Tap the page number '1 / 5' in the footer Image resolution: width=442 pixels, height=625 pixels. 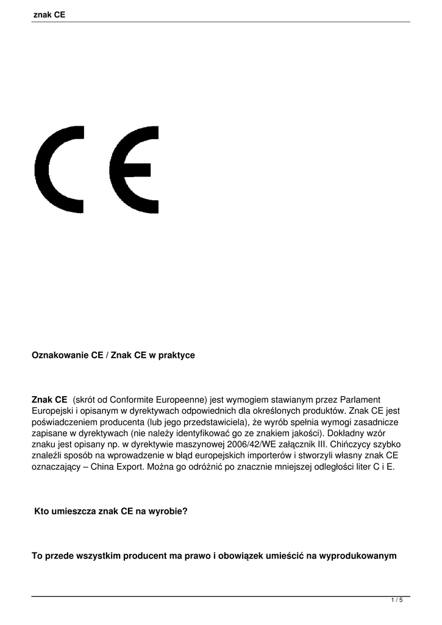pos(397,601)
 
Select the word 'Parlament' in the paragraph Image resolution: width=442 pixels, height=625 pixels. pos(360,399)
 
